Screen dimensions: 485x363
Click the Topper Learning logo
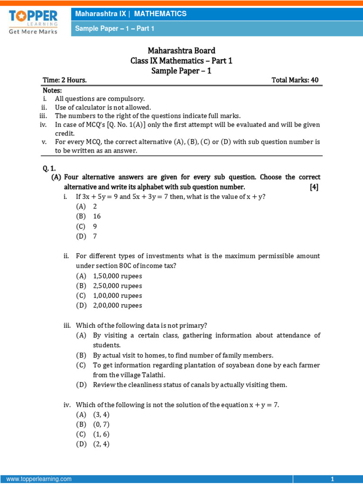pyautogui.click(x=33, y=22)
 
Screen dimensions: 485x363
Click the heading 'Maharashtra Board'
pyautogui.click(x=181, y=51)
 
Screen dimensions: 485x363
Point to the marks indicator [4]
pyautogui.click(x=314, y=187)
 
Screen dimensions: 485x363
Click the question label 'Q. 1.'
pyautogui.click(x=49, y=167)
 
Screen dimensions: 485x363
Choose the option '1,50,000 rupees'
pyautogui.click(x=117, y=276)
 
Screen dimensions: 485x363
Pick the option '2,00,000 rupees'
pyautogui.click(x=117, y=305)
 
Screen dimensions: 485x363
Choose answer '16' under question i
pyautogui.click(x=97, y=216)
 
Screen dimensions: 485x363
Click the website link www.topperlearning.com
pyautogui.click(x=39, y=479)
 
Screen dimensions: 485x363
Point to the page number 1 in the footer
pyautogui.click(x=332, y=479)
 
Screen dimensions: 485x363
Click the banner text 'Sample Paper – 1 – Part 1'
pyautogui.click(x=115, y=29)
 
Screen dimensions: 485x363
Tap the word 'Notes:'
pyautogui.click(x=52, y=90)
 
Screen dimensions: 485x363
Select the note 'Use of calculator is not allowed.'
pyautogui.click(x=103, y=108)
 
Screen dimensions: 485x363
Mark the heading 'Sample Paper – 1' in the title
pyautogui.click(x=181, y=71)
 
